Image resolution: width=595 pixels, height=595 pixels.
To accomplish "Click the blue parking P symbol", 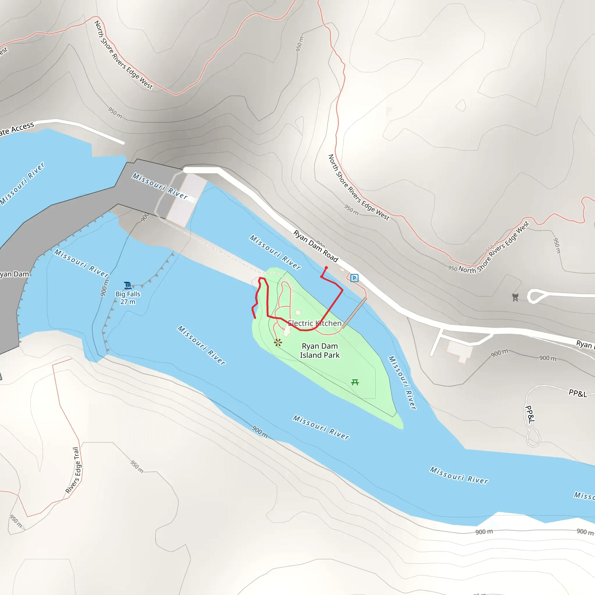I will point(354,278).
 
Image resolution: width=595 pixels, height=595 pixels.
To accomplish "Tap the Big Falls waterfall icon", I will point(128,285).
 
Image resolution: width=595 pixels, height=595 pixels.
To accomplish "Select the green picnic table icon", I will point(355,382).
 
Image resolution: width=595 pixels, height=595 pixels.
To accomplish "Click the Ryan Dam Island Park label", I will point(320,350).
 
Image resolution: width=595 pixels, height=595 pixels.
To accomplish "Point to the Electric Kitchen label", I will point(314,323).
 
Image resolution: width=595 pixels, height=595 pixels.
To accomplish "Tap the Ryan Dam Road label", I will point(316,246).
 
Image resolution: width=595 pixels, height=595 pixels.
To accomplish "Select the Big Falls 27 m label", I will point(128,298).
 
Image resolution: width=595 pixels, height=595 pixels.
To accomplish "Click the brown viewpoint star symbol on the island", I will point(278,343).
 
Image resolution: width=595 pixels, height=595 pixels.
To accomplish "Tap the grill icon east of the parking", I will point(515,297).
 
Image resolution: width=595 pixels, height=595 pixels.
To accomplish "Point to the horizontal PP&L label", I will point(578,393).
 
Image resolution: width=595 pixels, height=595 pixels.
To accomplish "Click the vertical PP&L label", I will point(530,414).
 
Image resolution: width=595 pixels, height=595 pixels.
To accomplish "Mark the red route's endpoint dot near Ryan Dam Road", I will point(326,268).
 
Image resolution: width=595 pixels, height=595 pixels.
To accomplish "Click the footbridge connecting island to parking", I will point(354,312).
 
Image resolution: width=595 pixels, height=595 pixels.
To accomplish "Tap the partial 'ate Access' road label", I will point(17,129).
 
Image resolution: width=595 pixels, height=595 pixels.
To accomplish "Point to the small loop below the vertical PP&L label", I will point(533,436).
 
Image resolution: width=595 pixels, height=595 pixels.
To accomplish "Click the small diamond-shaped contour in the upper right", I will point(461,105).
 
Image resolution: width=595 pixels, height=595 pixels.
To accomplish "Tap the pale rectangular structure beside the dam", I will point(187,200).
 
